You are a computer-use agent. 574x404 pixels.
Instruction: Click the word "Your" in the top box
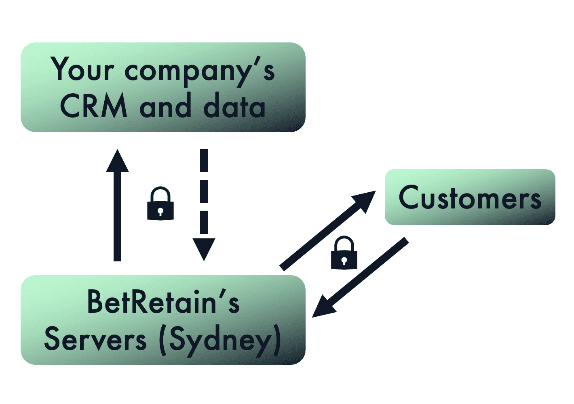pyautogui.click(x=83, y=69)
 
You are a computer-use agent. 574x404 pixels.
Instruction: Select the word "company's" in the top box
pyautogui.click(x=200, y=72)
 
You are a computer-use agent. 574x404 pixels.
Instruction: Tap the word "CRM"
pyautogui.click(x=93, y=106)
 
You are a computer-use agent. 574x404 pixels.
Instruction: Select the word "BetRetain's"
pyautogui.click(x=163, y=302)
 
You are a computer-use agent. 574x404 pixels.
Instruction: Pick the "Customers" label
pyautogui.click(x=470, y=198)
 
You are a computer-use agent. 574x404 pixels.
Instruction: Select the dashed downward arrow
pyautogui.click(x=204, y=194)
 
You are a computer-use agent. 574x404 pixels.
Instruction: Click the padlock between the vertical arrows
pyautogui.click(x=160, y=204)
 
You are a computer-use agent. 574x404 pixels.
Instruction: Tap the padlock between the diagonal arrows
pyautogui.click(x=344, y=253)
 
